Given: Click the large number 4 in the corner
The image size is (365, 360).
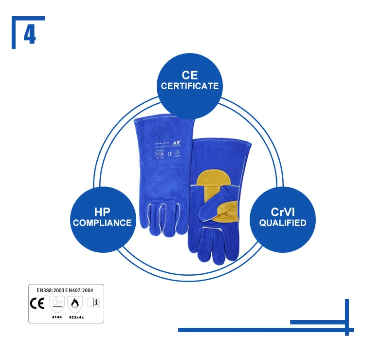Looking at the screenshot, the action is click(x=30, y=35).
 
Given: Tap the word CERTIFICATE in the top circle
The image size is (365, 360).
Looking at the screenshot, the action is click(x=190, y=86).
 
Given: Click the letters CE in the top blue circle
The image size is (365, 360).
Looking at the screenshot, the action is click(x=190, y=75).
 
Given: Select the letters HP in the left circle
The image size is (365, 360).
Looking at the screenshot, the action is click(x=102, y=212).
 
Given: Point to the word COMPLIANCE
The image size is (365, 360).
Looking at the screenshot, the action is click(x=102, y=223).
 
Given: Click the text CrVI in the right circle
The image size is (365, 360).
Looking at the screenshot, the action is click(x=282, y=212).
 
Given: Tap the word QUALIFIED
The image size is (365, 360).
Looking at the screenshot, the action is click(x=282, y=223).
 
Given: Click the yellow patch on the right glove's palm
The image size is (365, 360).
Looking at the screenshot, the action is click(x=213, y=175).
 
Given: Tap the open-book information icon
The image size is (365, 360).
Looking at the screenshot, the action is click(x=93, y=303).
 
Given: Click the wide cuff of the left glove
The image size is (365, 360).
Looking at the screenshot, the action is click(x=163, y=134).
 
